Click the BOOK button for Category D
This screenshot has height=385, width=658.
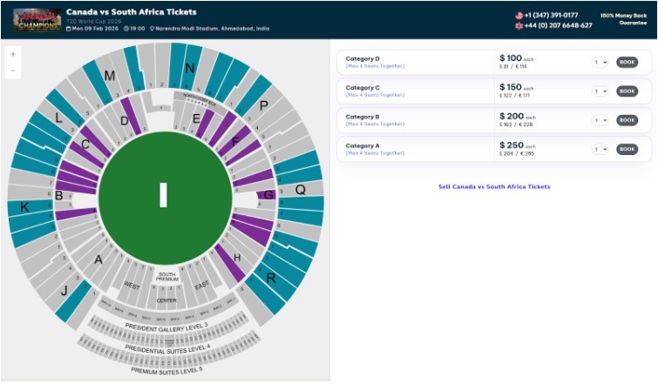tap(627, 62)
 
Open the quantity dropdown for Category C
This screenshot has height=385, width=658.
tap(600, 91)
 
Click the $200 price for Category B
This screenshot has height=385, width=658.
tap(512, 116)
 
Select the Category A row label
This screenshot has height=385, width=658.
tap(363, 145)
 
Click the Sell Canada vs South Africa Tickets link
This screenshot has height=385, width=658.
tap(494, 186)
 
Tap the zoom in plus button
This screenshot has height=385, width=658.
tap(12, 54)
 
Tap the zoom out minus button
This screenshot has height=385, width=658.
tap(12, 71)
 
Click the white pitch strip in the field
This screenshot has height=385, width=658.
tap(163, 195)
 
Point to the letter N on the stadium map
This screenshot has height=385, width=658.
tap(189, 68)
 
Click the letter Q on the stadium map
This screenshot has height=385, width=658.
tap(300, 189)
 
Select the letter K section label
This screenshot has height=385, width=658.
tap(24, 207)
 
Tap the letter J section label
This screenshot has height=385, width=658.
tap(64, 291)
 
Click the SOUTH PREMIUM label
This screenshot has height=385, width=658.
tap(166, 276)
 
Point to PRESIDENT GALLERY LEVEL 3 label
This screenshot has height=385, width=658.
tap(166, 327)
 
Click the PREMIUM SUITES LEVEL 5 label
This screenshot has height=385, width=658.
tap(166, 370)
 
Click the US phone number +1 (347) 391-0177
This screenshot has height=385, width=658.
tap(551, 15)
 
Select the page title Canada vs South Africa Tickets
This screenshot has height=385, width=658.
tap(131, 12)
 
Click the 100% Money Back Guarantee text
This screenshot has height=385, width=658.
tap(621, 19)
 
